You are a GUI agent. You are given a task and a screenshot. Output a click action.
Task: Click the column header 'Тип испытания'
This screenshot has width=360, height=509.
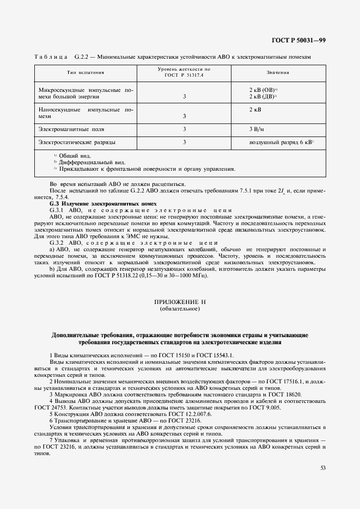pyautogui.click(x=86, y=72)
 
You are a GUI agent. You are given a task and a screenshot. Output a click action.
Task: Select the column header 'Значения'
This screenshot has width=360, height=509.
pyautogui.click(x=277, y=72)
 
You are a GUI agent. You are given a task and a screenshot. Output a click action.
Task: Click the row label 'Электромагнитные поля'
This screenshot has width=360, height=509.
pyautogui.click(x=71, y=129)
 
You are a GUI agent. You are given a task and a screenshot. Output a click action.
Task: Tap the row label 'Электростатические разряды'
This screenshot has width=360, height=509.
pyautogui.click(x=77, y=142)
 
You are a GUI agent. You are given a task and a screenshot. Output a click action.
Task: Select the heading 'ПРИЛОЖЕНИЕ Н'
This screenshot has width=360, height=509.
pyautogui.click(x=180, y=301)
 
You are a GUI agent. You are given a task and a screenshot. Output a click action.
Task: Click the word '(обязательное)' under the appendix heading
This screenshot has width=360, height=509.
pyautogui.click(x=180, y=308)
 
